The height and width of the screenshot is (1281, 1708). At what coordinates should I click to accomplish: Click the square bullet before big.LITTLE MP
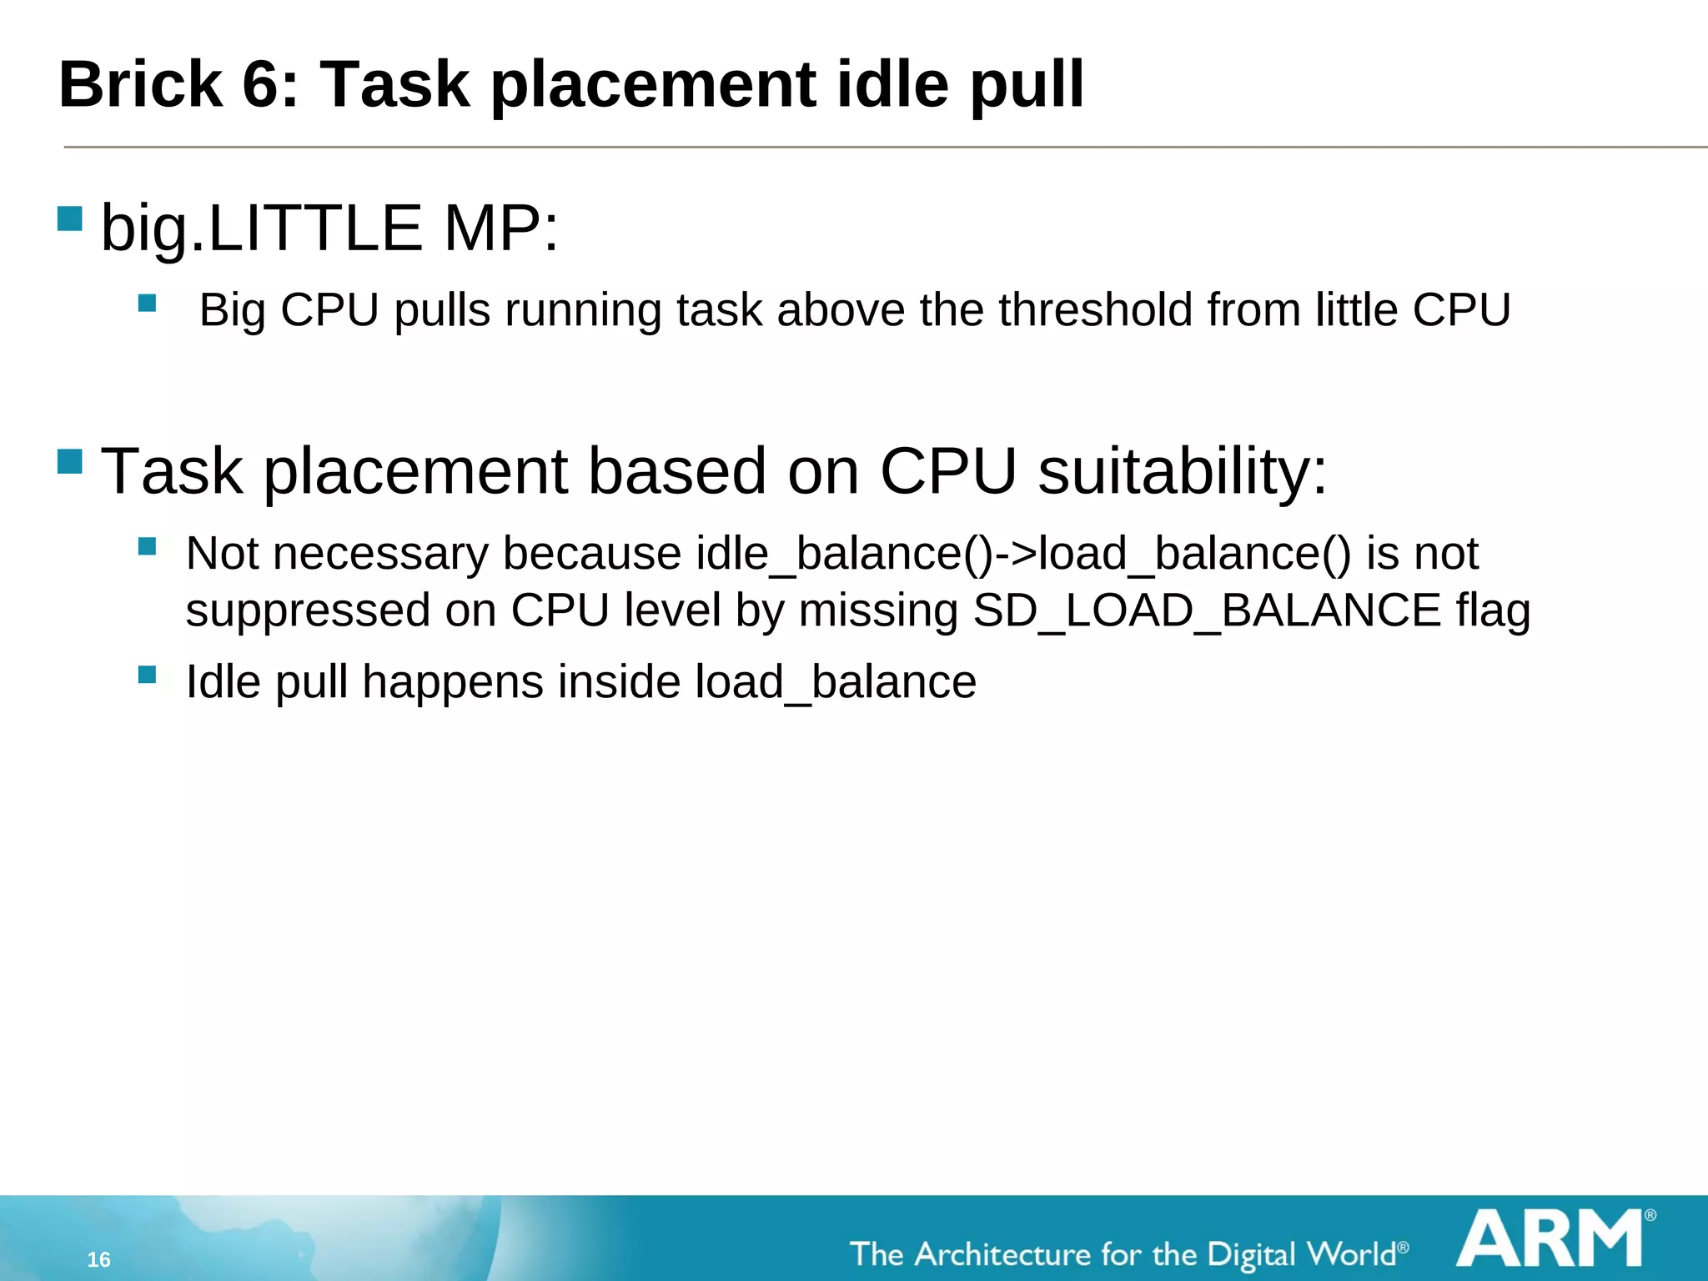70,219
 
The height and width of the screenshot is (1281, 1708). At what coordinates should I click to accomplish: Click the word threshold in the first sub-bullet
1096,310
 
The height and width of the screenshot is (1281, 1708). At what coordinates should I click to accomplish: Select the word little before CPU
1356,310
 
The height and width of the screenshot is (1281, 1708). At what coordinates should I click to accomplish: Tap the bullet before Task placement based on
70,461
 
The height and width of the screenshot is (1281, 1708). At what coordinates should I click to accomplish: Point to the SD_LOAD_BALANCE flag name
1207,610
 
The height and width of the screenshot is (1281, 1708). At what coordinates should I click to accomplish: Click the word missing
878,610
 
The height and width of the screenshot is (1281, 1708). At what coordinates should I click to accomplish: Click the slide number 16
98,1259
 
